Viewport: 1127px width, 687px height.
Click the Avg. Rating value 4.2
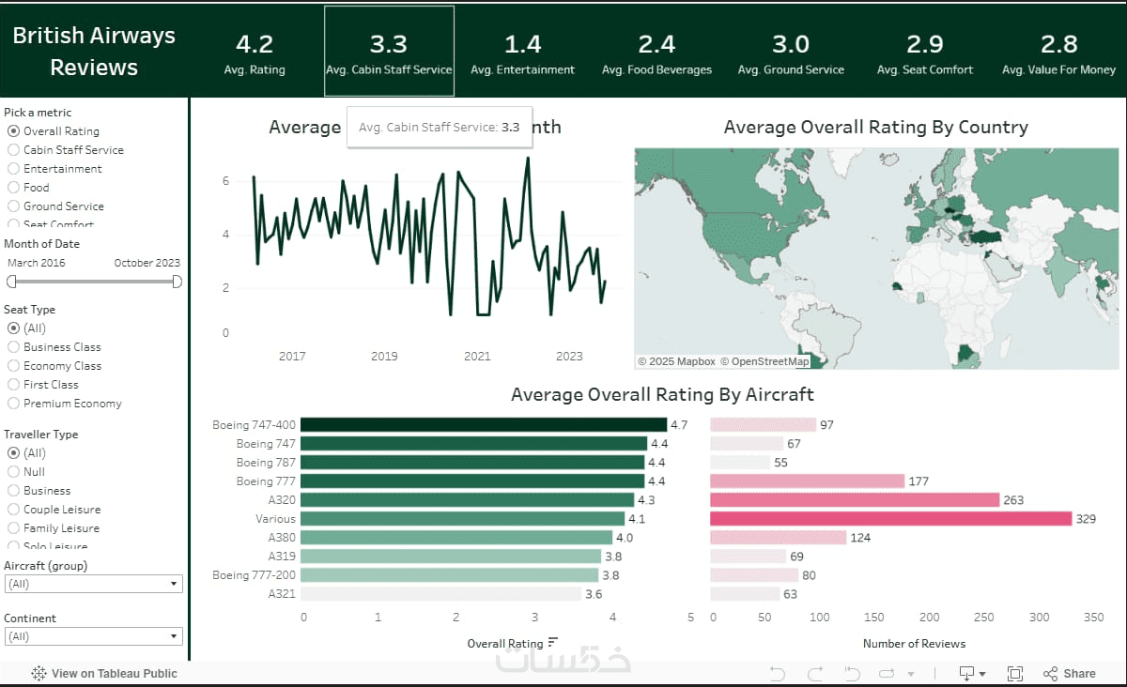254,44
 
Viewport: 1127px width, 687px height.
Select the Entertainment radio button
13,169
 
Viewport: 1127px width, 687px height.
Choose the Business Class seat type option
13,347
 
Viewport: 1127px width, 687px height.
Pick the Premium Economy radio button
13,404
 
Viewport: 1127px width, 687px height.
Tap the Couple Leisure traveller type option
13,510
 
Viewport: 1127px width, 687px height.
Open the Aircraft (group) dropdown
93,584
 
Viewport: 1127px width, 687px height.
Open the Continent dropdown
93,636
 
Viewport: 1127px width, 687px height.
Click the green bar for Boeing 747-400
484,425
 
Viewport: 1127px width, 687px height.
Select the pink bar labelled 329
890,519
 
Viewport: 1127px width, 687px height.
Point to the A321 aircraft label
282,594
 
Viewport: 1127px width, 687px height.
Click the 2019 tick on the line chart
384,357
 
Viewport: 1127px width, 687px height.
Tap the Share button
1070,674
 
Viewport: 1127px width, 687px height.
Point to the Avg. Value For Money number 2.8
1058,44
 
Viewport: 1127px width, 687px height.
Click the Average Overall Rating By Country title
875,128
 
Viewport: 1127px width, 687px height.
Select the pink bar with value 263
855,500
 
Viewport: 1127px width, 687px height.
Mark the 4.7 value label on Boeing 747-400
678,425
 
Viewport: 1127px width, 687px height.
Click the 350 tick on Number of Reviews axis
1093,618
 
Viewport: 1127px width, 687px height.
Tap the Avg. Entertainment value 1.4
522,44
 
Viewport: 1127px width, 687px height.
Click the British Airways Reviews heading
94,52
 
